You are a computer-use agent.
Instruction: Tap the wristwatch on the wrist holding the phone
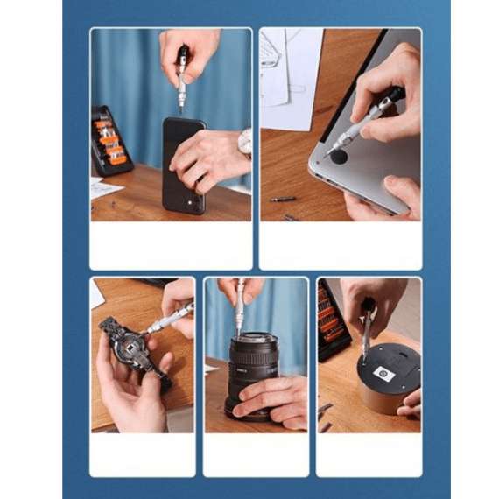tap(244, 143)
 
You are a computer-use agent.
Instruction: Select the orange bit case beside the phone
tap(110, 141)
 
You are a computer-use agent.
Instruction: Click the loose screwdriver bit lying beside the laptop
tap(283, 200)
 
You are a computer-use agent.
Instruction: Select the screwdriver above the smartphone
tap(182, 77)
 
